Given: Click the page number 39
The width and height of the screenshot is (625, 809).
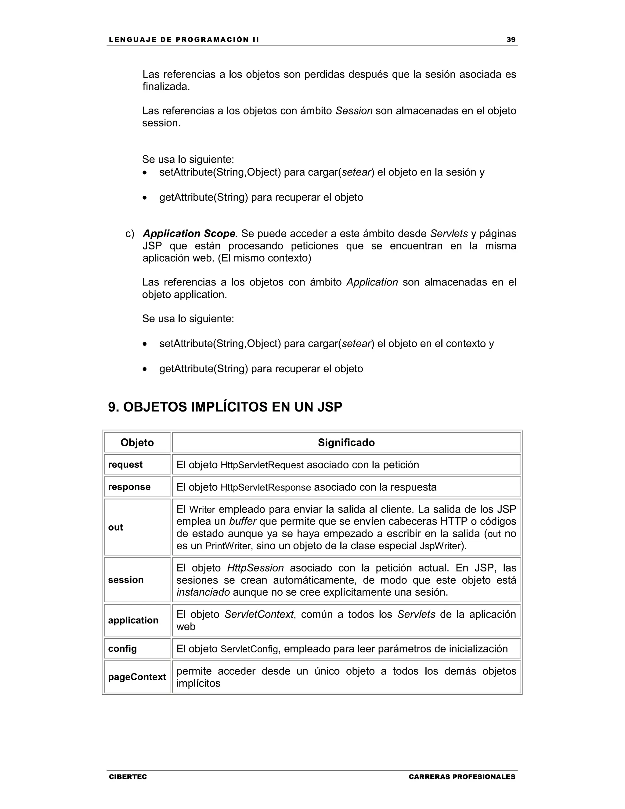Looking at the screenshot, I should pyautogui.click(x=511, y=40).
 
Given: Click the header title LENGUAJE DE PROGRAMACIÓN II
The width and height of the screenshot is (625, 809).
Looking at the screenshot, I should pyautogui.click(x=184, y=40).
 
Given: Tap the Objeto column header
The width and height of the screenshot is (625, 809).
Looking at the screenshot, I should pyautogui.click(x=137, y=442).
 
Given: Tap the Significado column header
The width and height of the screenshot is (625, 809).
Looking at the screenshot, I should pyautogui.click(x=346, y=442).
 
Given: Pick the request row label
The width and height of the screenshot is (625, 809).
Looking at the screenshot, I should pyautogui.click(x=125, y=465).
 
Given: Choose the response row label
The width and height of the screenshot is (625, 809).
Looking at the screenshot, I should pyautogui.click(x=129, y=487).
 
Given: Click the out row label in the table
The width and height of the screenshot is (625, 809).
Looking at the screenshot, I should pyautogui.click(x=116, y=527).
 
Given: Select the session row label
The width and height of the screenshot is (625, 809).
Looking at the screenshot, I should pyautogui.click(x=125, y=580).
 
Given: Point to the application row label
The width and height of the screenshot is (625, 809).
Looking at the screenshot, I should pyautogui.click(x=133, y=620).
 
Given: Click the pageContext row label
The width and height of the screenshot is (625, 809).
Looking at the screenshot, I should pyautogui.click(x=137, y=677).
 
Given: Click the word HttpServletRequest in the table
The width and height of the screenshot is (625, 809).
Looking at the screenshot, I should pyautogui.click(x=262, y=465).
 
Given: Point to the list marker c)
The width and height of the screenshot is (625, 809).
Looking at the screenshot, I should pyautogui.click(x=130, y=234).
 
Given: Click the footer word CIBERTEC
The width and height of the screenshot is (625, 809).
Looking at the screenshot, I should pyautogui.click(x=128, y=776).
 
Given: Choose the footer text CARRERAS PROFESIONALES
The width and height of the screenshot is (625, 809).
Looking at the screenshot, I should pyautogui.click(x=462, y=776).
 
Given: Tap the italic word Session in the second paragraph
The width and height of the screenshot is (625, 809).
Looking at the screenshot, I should pyautogui.click(x=354, y=111).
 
